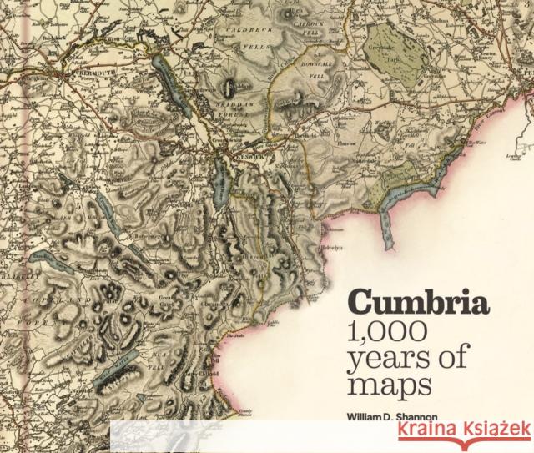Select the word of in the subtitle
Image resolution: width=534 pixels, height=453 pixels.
point(426,360)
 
